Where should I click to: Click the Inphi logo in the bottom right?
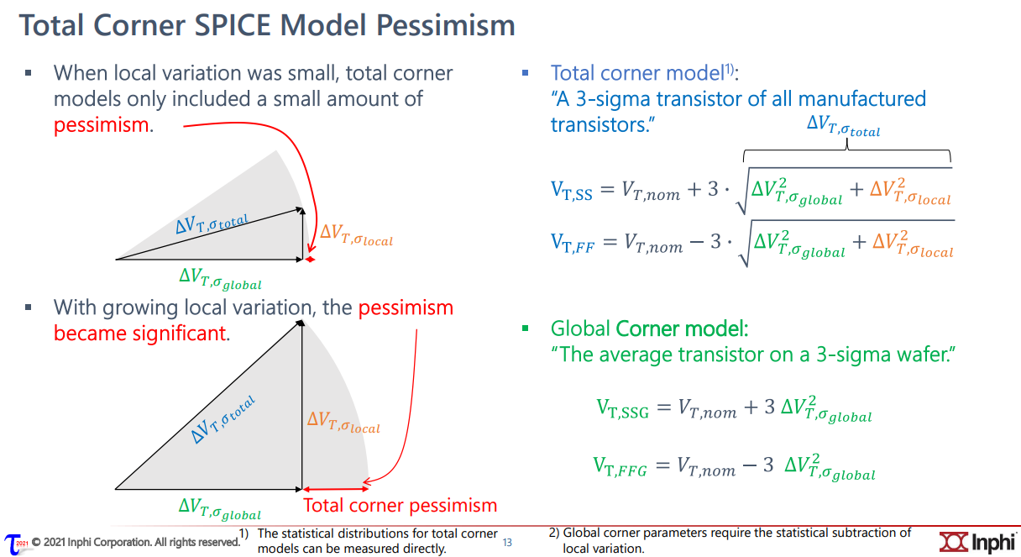click(x=977, y=542)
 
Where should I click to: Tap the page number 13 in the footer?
click(x=507, y=543)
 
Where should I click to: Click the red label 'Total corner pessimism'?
click(x=400, y=506)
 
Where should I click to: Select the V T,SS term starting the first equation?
click(x=572, y=191)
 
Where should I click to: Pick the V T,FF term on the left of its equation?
click(x=573, y=243)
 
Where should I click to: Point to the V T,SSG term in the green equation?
click(x=623, y=408)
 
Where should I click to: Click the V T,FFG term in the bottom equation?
click(x=620, y=466)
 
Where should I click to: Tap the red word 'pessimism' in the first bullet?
click(x=102, y=125)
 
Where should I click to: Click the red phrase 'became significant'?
click(x=140, y=333)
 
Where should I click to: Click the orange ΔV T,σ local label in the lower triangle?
click(x=343, y=422)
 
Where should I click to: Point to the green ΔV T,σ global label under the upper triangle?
click(x=220, y=279)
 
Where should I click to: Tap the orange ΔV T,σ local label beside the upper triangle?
click(x=356, y=234)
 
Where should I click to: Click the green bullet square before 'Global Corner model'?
click(x=525, y=328)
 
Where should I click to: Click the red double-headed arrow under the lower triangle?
click(x=336, y=489)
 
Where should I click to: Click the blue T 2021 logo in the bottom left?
click(x=15, y=544)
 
